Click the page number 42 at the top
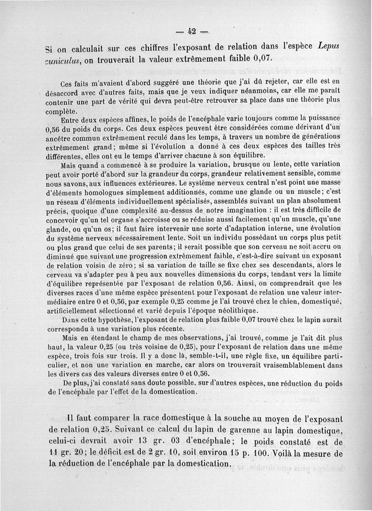[x=191, y=32]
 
